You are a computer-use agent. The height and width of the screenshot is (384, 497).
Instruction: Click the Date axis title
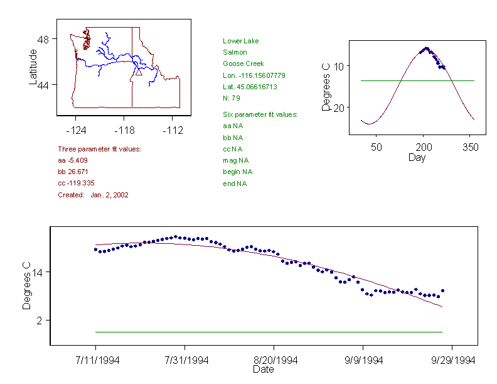click(263, 370)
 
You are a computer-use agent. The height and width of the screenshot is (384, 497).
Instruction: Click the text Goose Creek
click(243, 64)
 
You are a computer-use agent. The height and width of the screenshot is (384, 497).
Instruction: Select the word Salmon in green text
click(235, 53)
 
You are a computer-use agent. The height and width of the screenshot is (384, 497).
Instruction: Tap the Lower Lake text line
click(240, 41)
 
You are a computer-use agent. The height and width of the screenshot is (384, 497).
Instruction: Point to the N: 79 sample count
click(232, 98)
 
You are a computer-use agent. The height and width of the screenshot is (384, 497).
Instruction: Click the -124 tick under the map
click(76, 131)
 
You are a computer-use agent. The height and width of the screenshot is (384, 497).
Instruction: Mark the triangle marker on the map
click(139, 72)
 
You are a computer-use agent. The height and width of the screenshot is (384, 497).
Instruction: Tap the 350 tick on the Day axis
click(470, 147)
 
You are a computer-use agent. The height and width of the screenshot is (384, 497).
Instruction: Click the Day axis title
click(417, 157)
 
